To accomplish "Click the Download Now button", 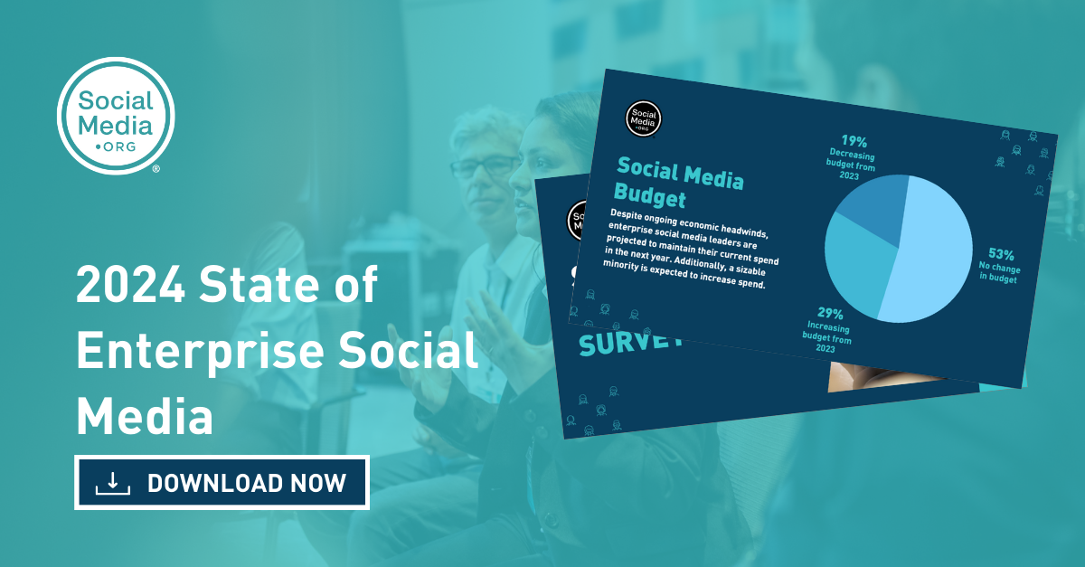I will tap(222, 483).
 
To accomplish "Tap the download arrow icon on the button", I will tap(113, 483).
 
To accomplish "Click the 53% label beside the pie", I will tap(1001, 256).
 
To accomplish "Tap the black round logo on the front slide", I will tap(644, 118).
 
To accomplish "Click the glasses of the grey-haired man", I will tap(484, 166).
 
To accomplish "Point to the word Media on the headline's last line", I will tap(145, 418).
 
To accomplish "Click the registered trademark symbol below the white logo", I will tap(156, 169).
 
